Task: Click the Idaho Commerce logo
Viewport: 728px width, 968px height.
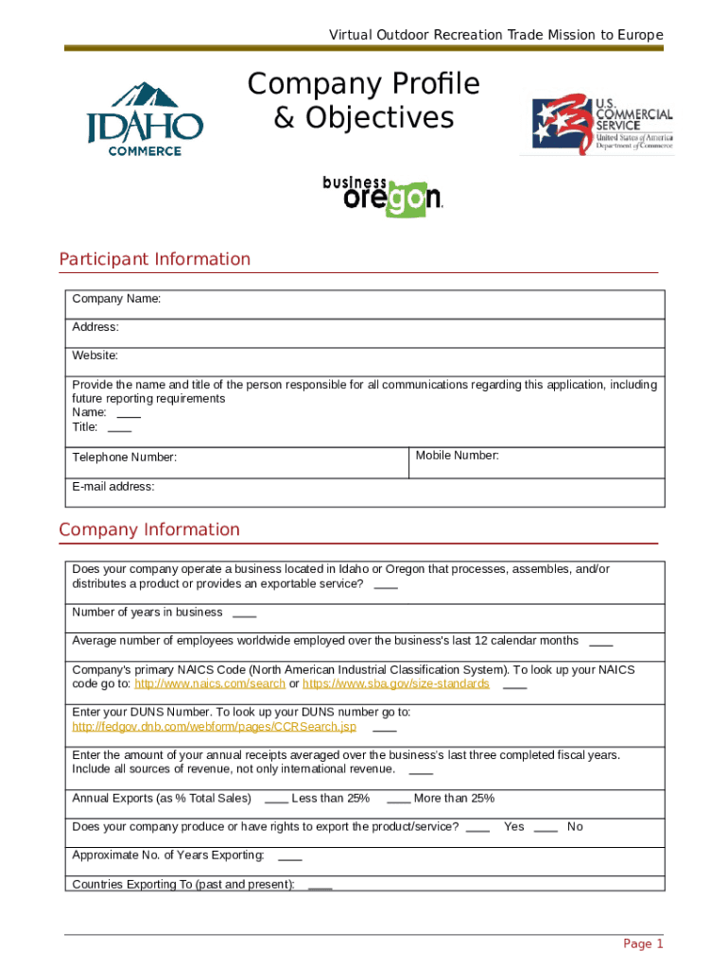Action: (x=145, y=119)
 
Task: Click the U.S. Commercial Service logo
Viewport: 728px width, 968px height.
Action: (x=601, y=124)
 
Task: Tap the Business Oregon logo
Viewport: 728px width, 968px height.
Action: (x=382, y=196)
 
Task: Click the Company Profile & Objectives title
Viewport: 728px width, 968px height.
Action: (x=364, y=101)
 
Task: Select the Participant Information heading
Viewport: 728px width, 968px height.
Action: (x=155, y=259)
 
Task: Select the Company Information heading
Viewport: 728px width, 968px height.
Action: (x=149, y=529)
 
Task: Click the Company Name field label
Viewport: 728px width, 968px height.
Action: (x=116, y=299)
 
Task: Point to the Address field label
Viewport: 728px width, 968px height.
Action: (x=95, y=327)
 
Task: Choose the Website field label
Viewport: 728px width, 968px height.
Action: (x=95, y=355)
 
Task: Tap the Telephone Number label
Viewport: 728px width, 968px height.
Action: (x=124, y=458)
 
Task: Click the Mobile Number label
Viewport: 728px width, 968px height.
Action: (x=457, y=456)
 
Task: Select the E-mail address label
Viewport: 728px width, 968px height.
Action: (x=113, y=487)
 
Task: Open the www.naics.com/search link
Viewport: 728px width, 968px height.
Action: (x=210, y=683)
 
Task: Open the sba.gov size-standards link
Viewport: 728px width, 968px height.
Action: (x=395, y=683)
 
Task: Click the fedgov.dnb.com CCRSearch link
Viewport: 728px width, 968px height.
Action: (x=215, y=727)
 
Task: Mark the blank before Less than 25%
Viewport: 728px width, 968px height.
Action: (x=276, y=799)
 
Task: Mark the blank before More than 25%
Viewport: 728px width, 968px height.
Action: (x=398, y=799)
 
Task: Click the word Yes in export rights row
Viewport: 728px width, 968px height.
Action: (x=513, y=826)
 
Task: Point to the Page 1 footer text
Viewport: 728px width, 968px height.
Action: (x=643, y=943)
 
